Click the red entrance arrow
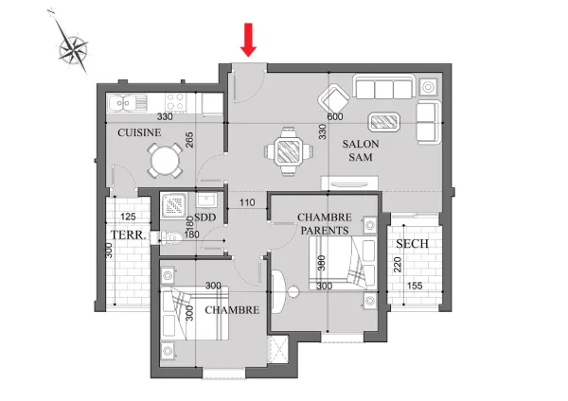pyautogui.click(x=248, y=40)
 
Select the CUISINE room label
pyautogui.click(x=139, y=132)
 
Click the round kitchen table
pyautogui.click(x=165, y=161)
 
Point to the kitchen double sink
pyautogui.click(x=128, y=103)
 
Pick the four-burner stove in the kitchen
pyautogui.click(x=176, y=102)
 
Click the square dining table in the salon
pyautogui.click(x=289, y=151)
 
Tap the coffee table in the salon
pyautogui.click(x=384, y=122)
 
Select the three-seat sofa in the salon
pyautogui.click(x=384, y=87)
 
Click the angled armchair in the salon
pyautogui.click(x=333, y=98)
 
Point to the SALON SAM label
pyautogui.click(x=361, y=150)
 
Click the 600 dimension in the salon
pyautogui.click(x=335, y=116)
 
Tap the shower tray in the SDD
pyautogui.click(x=174, y=205)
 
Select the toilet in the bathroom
pyautogui.click(x=170, y=237)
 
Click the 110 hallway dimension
pyautogui.click(x=247, y=202)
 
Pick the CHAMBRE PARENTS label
pyautogui.click(x=325, y=223)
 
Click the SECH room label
pyautogui.click(x=412, y=244)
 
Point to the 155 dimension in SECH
pyautogui.click(x=415, y=286)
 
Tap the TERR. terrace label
pyautogui.click(x=129, y=235)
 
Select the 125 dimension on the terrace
pyautogui.click(x=128, y=217)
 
